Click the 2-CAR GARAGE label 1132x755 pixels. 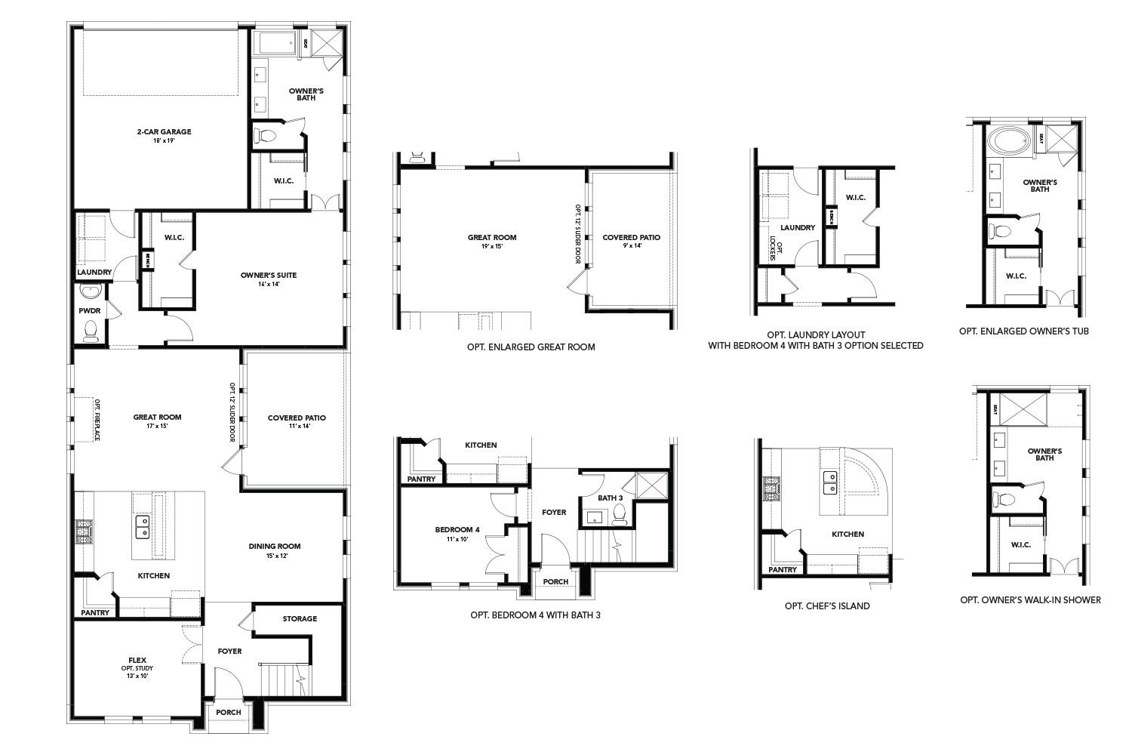coord(164,131)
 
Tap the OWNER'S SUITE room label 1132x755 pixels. coord(269,275)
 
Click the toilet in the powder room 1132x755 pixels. coord(91,330)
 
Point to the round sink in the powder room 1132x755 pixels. coord(91,291)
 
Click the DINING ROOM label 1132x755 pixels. coord(275,546)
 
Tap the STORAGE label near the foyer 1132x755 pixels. coord(300,618)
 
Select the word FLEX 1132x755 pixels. coord(137,658)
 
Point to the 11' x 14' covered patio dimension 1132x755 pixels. coord(297,427)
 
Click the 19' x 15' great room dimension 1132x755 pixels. coord(491,246)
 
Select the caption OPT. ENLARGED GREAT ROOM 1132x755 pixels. coord(531,347)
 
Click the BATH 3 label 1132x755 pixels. coord(611,498)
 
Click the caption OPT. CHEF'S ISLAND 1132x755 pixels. coord(827,606)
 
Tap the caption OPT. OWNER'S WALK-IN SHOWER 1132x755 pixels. coord(1030,600)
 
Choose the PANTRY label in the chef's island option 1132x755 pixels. coord(783,569)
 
